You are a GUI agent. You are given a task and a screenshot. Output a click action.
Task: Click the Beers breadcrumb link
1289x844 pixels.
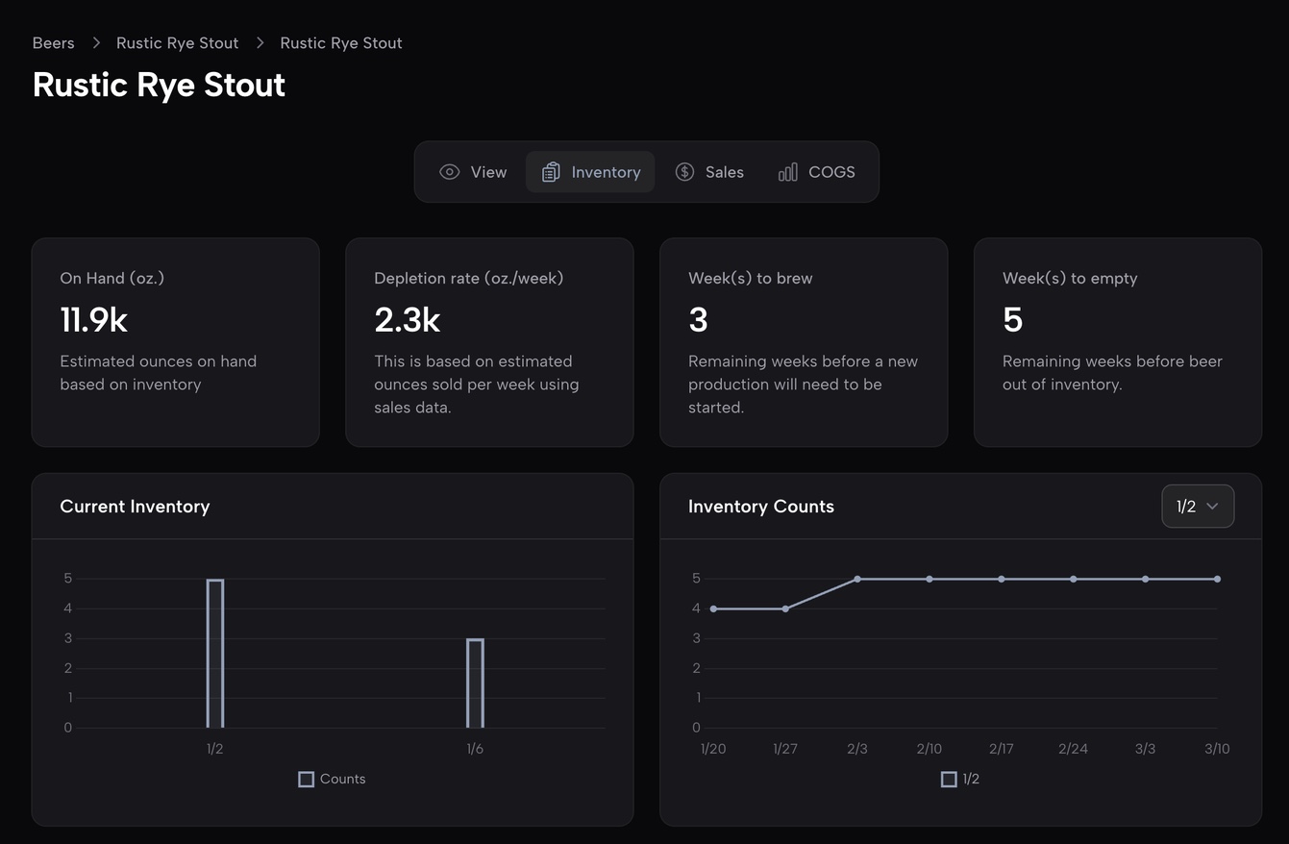(53, 43)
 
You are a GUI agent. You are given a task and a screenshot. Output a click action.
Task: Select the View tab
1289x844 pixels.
(473, 172)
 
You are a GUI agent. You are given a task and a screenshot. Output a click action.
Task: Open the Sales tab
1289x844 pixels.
(710, 172)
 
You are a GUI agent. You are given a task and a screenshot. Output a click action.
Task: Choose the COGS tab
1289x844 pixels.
(816, 172)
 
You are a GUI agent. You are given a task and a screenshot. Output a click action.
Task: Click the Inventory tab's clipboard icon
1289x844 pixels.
(551, 172)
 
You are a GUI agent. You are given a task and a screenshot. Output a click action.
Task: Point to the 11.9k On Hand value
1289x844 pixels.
(93, 320)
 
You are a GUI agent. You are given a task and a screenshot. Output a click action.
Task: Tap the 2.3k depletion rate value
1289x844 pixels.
(407, 320)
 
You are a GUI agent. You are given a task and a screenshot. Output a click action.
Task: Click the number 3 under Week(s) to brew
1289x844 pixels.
(698, 320)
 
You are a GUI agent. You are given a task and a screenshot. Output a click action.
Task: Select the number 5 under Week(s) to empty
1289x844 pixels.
(1012, 320)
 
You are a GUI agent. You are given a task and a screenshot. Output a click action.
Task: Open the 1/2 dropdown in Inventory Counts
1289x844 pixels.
(1197, 507)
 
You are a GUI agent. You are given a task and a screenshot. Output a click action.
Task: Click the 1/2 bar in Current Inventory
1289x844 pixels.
(215, 654)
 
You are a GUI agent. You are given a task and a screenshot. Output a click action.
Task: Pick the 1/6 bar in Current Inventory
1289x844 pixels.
(475, 683)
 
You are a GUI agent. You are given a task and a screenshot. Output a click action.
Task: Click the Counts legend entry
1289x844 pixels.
(333, 779)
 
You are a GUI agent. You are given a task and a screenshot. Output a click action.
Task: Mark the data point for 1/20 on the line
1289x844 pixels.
(713, 608)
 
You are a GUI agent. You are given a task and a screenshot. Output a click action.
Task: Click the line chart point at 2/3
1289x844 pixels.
(857, 579)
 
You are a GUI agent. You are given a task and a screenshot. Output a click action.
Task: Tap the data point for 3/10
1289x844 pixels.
(1217, 579)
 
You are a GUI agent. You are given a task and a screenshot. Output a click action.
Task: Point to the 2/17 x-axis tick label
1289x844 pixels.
(1001, 749)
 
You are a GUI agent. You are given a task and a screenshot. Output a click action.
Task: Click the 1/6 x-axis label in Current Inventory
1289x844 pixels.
(475, 749)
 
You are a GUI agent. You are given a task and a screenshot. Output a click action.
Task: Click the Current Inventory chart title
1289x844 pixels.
(135, 507)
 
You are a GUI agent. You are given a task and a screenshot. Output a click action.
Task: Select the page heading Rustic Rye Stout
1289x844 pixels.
(159, 85)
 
